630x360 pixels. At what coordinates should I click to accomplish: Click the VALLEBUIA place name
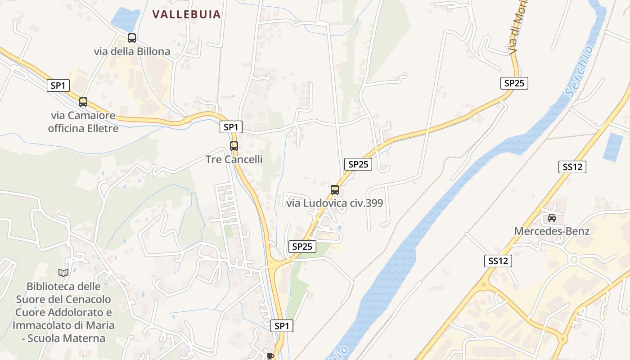[x=186, y=14]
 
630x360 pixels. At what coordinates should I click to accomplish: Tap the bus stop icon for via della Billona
[x=132, y=38]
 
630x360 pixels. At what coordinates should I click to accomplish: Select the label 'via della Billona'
[x=132, y=51]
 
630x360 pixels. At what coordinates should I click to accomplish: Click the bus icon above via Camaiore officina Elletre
[x=83, y=102]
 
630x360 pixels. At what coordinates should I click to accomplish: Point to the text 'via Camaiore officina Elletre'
[x=83, y=122]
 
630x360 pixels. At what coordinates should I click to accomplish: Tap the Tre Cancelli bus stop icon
[x=234, y=146]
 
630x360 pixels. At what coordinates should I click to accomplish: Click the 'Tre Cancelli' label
[x=234, y=159]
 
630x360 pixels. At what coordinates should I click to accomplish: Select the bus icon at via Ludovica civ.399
[x=335, y=189]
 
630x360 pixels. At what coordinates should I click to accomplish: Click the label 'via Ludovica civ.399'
[x=335, y=203]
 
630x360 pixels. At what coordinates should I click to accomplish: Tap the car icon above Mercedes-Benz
[x=552, y=218]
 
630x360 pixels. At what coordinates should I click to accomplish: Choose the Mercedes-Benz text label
[x=552, y=231]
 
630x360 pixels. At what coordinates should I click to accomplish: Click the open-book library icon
[x=63, y=273]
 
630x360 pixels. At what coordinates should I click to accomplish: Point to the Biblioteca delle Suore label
[x=63, y=312]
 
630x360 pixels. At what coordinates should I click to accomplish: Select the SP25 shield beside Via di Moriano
[x=514, y=83]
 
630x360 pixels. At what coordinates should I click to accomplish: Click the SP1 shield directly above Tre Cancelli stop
[x=231, y=127]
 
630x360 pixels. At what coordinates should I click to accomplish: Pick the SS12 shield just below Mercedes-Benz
[x=498, y=261]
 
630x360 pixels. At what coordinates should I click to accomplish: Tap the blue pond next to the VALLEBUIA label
[x=126, y=19]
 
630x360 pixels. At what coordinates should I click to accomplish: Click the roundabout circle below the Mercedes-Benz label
[x=573, y=260]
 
